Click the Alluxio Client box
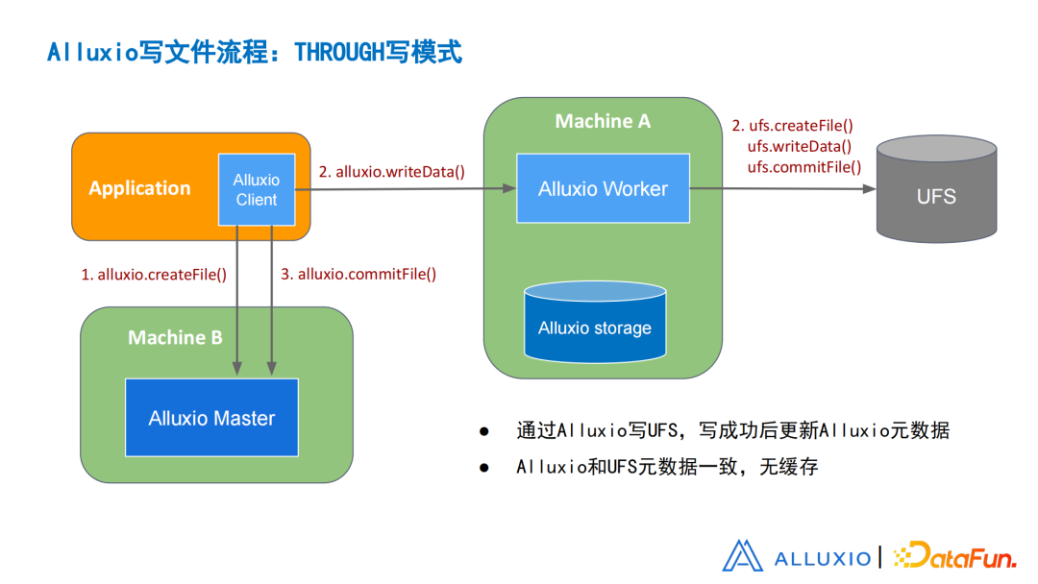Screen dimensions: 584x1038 pos(256,189)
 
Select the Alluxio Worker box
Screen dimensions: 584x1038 pos(603,188)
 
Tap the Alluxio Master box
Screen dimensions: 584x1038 pos(211,418)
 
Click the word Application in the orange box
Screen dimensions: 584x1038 pos(139,188)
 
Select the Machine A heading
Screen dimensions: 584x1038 pos(603,121)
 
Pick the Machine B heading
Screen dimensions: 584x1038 pos(175,337)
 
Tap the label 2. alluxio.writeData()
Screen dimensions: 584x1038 pos(392,172)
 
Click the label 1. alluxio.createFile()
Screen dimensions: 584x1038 pos(154,274)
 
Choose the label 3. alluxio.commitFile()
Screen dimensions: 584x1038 pos(358,274)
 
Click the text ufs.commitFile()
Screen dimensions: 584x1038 pos(803,167)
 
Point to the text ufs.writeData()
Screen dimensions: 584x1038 pos(799,146)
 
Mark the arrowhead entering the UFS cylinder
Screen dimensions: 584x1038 pos(869,189)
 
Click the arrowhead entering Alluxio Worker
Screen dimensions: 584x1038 pos(509,189)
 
